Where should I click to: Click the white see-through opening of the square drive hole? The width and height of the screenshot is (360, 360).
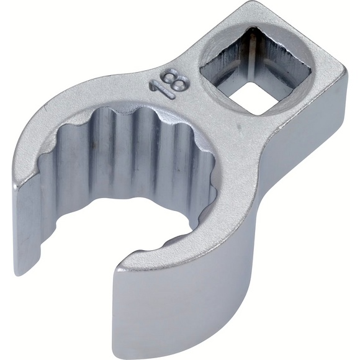tap(254, 97)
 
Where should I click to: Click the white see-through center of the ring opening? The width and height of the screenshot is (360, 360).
tap(124, 220)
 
